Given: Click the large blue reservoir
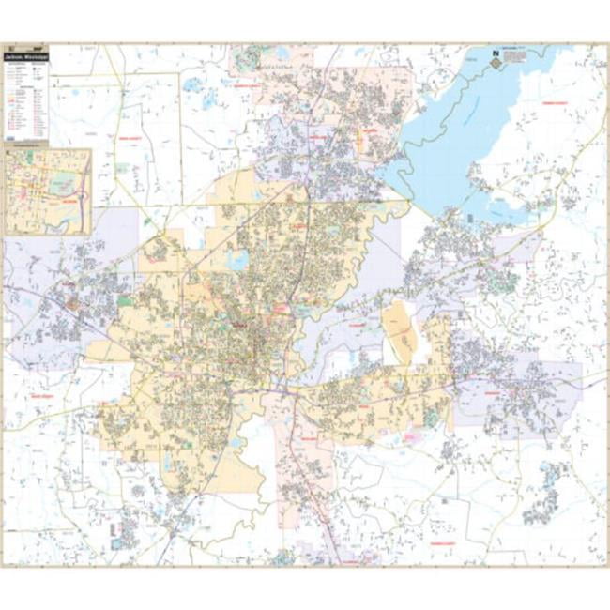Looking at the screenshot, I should click(x=469, y=141).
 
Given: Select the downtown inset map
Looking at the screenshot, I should click(x=48, y=191).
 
